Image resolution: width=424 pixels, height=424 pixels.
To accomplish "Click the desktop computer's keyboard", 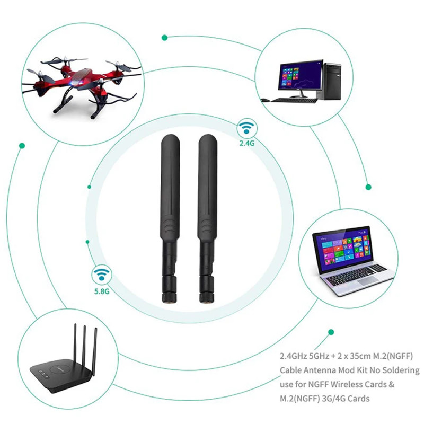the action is tap(294, 100).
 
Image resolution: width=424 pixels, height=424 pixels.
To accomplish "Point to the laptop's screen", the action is tap(343, 248).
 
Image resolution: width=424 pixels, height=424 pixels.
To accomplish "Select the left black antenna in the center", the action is tap(170, 218).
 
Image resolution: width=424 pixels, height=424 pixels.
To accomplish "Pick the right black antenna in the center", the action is tap(207, 218).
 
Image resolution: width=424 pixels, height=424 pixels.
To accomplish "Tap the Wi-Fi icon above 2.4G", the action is tap(246, 127).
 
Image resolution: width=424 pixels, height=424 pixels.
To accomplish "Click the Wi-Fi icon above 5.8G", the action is tap(101, 274).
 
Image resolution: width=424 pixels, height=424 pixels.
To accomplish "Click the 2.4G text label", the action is tap(247, 143).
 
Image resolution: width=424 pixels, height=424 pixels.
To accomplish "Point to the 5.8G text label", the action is tap(102, 291).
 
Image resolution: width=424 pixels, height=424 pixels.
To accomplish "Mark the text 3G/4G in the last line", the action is tap(333, 399).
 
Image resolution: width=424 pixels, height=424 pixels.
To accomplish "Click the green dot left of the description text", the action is tap(331, 332).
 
